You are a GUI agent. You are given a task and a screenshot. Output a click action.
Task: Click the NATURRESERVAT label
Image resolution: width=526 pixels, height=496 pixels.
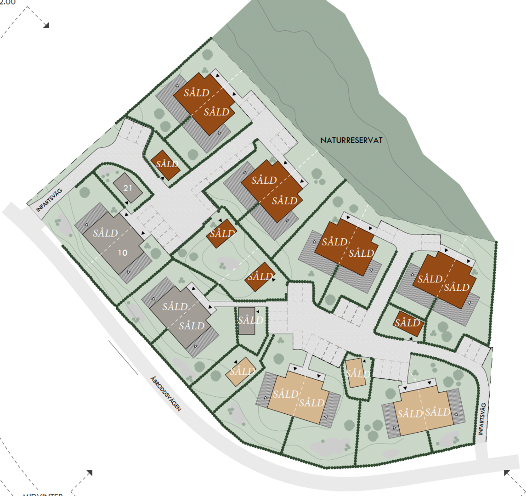(351, 141)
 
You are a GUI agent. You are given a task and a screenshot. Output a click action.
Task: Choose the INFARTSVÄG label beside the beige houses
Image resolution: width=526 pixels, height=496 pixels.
(481, 419)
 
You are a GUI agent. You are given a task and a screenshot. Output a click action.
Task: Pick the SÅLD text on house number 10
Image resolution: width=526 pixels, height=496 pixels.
(105, 233)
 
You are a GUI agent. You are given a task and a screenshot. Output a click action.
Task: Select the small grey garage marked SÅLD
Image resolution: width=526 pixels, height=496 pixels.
(247, 320)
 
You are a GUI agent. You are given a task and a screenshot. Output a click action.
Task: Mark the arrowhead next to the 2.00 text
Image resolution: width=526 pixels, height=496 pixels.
(46, 25)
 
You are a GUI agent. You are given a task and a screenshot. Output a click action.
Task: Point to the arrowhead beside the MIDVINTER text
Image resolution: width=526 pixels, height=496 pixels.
(89, 473)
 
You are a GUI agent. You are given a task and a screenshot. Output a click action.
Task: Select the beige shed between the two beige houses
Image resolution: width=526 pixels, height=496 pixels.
(356, 372)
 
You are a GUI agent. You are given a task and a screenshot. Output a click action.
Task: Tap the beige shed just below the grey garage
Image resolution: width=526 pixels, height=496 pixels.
(241, 371)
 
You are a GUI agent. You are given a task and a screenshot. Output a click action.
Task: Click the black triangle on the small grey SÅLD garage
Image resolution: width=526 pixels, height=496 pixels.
(257, 312)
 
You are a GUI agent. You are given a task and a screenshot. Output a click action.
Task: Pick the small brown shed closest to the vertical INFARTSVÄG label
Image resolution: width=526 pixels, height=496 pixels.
(408, 323)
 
